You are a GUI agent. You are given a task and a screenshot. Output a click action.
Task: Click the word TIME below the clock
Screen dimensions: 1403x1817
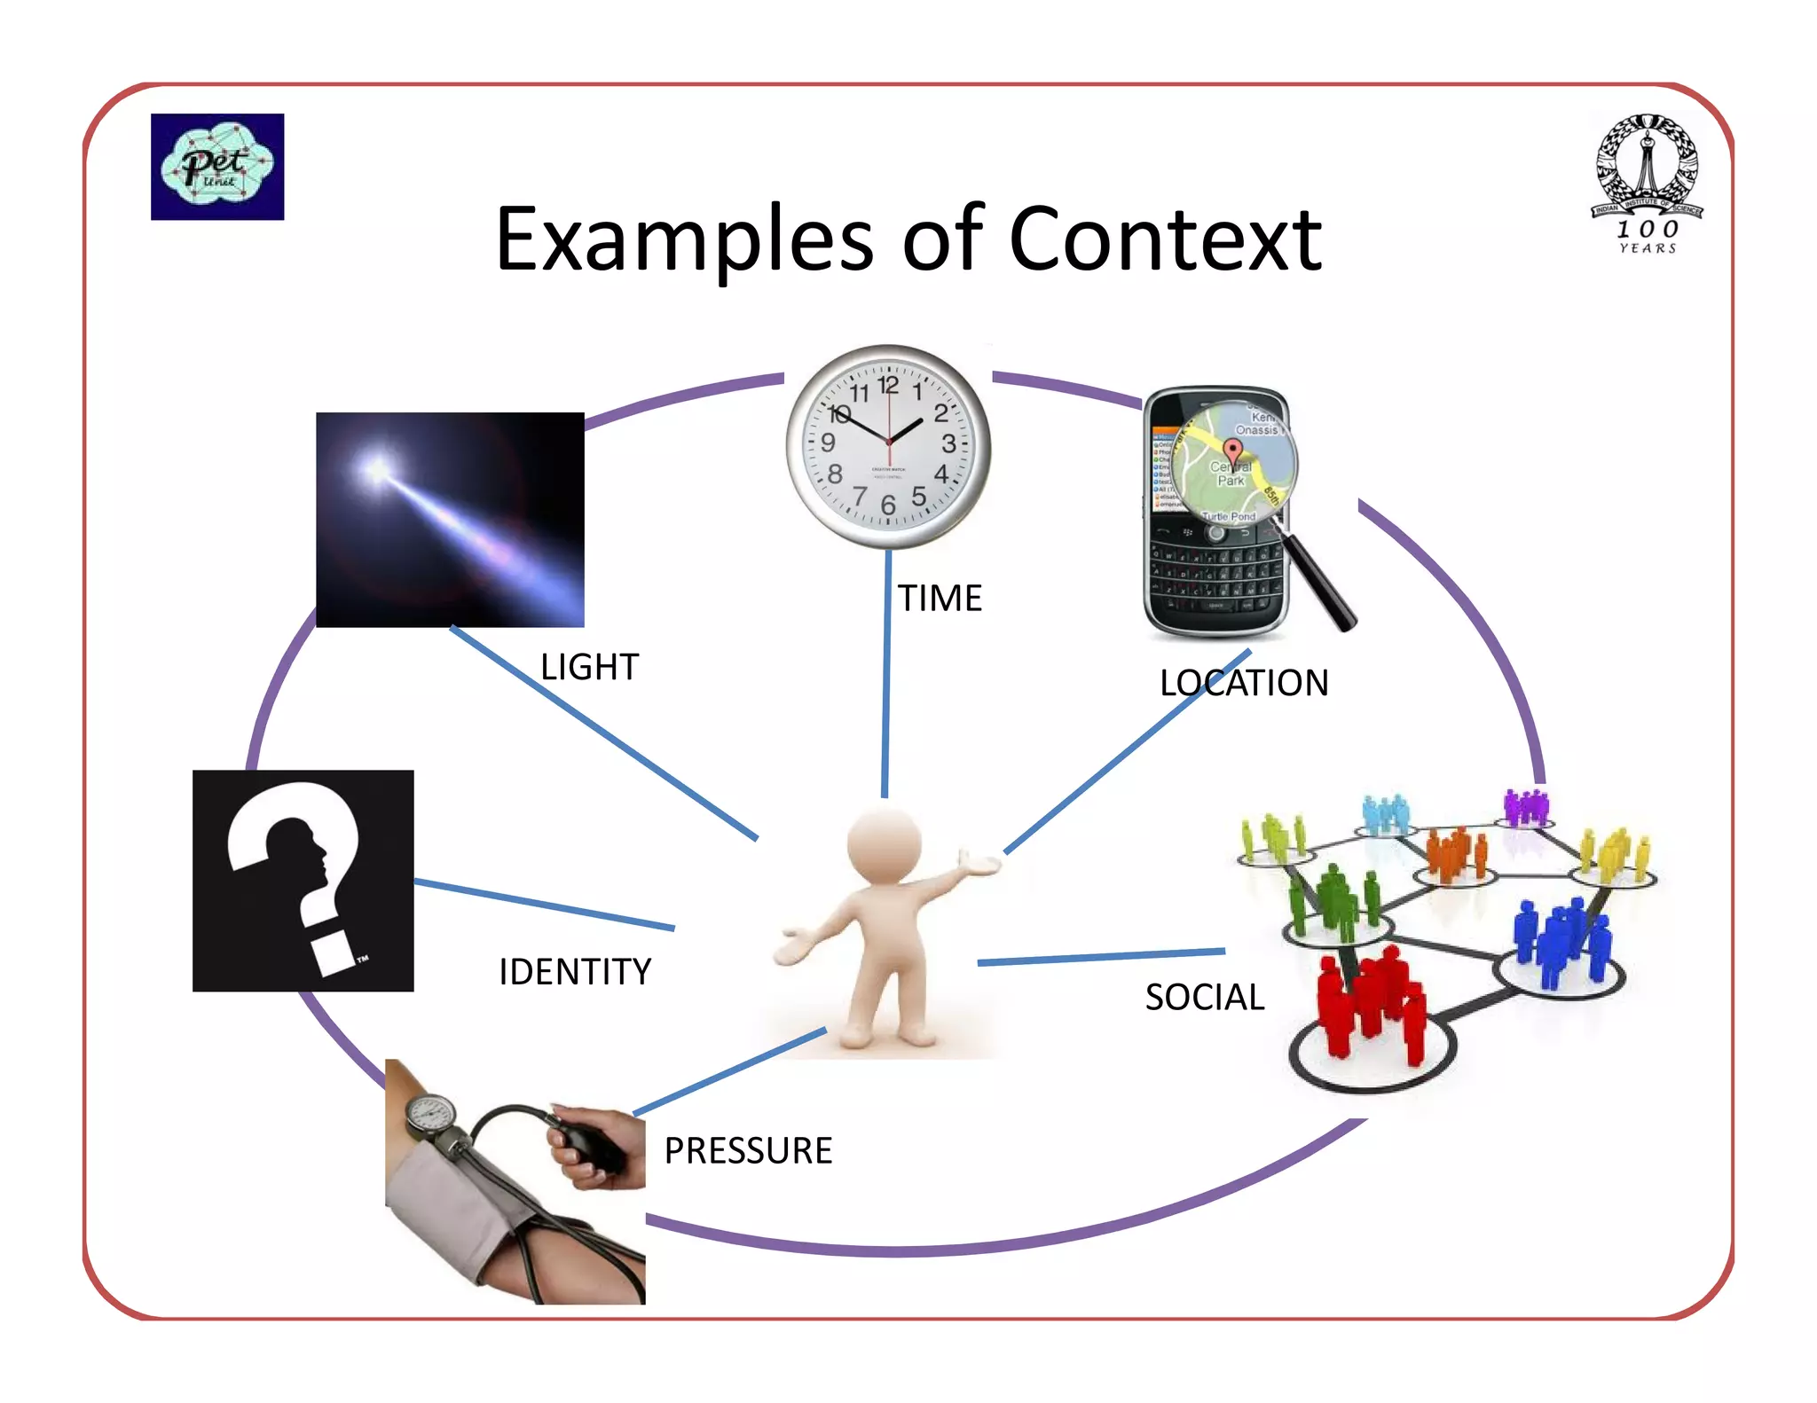click(940, 599)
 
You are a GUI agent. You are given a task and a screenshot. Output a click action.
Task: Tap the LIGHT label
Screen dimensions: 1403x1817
click(589, 667)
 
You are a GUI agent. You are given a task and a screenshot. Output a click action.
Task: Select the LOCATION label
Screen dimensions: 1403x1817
click(1244, 683)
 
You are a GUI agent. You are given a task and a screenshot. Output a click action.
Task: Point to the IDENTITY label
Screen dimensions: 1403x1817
click(575, 972)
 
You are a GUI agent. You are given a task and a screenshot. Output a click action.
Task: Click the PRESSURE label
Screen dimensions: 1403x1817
click(748, 1151)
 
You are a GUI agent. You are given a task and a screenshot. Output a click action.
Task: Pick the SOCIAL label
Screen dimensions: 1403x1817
click(1204, 998)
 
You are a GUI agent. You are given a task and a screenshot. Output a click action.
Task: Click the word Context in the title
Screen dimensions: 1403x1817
click(1165, 239)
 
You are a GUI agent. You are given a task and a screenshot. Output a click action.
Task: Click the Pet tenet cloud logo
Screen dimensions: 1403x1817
click(217, 167)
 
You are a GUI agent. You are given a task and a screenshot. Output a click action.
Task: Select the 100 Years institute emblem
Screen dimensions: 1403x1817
click(1647, 182)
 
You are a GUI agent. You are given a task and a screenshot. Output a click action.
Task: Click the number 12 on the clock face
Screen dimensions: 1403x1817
click(888, 385)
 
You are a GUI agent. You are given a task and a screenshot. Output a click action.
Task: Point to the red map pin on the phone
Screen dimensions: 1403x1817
click(1232, 450)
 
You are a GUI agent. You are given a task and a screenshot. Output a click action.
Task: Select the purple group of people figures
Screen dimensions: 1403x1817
click(1525, 806)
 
